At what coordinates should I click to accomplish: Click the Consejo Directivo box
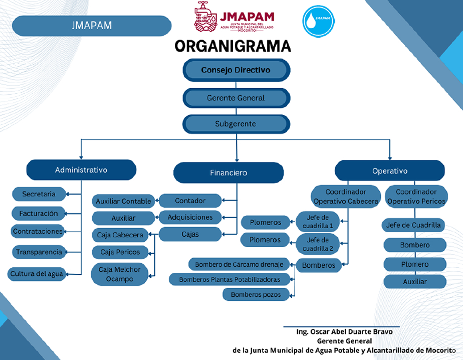pyautogui.click(x=236, y=70)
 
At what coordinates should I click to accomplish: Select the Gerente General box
pyautogui.click(x=236, y=98)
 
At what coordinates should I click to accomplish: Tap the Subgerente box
pyautogui.click(x=236, y=123)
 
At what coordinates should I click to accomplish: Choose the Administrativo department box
pyautogui.click(x=81, y=169)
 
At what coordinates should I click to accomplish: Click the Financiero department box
pyautogui.click(x=228, y=172)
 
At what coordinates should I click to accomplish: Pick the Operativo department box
pyautogui.click(x=390, y=170)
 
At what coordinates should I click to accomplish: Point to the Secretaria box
pyautogui.click(x=39, y=194)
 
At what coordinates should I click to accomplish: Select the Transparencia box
pyautogui.click(x=39, y=252)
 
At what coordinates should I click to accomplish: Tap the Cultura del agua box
pyautogui.click(x=37, y=274)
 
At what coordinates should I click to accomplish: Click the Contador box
pyautogui.click(x=190, y=201)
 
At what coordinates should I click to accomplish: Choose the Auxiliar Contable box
pyautogui.click(x=123, y=201)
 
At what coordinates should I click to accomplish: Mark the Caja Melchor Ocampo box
pyautogui.click(x=120, y=274)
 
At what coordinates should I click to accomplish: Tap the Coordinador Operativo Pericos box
pyautogui.click(x=416, y=196)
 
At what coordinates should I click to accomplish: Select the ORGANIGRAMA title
pyautogui.click(x=233, y=46)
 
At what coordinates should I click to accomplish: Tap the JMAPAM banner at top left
pyautogui.click(x=91, y=25)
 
